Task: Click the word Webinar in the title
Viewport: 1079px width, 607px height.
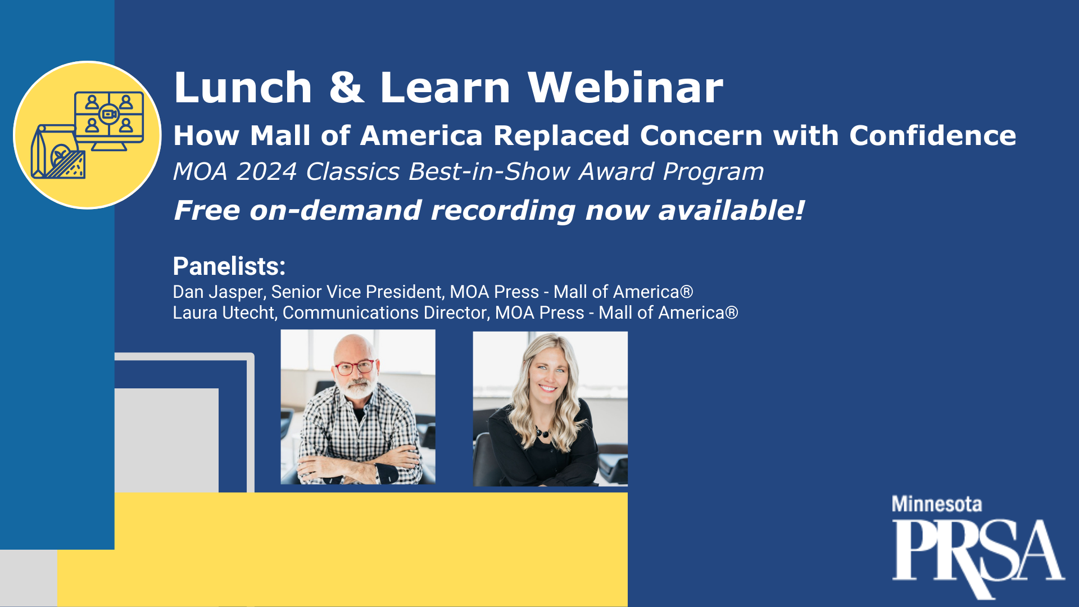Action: (x=625, y=88)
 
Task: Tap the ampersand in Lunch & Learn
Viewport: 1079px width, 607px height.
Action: (x=347, y=88)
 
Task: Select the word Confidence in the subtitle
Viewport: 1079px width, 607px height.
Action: (x=933, y=135)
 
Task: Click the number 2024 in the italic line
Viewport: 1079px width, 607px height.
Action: (x=266, y=171)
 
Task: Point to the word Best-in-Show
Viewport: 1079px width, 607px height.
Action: (x=489, y=171)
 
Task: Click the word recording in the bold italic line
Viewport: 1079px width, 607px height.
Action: (x=503, y=211)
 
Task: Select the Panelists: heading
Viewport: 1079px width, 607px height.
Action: (x=229, y=266)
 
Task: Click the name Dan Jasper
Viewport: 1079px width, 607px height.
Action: (x=218, y=292)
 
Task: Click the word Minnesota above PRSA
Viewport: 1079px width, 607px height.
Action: (x=937, y=504)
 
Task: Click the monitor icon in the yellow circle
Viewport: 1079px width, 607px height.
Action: (x=109, y=120)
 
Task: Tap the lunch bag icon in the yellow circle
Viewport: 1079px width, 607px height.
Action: (x=53, y=151)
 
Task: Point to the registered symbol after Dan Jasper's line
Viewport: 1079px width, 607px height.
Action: (x=686, y=292)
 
